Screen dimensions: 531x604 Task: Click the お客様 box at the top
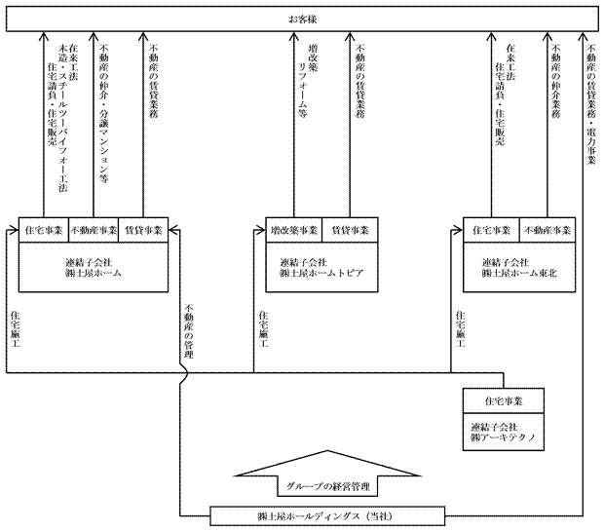point(302,19)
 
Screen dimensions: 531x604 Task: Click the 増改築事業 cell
point(293,230)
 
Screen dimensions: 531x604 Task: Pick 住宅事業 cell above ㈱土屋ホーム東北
point(491,230)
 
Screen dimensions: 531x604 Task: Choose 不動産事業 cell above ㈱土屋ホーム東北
point(547,230)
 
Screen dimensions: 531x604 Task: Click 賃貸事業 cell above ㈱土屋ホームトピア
point(349,230)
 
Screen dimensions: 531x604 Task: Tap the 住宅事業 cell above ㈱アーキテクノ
point(504,400)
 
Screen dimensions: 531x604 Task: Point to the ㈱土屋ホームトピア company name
point(321,274)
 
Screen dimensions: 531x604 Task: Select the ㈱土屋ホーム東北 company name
point(519,274)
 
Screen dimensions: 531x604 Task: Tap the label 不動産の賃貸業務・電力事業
point(590,107)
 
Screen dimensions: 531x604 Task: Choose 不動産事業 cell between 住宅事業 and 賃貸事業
point(94,230)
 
